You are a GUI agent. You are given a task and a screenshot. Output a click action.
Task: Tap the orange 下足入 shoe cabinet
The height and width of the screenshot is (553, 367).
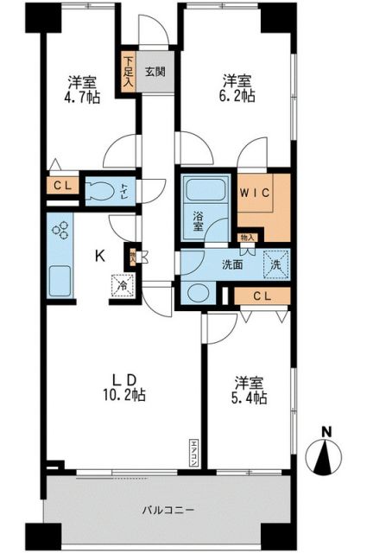(128, 73)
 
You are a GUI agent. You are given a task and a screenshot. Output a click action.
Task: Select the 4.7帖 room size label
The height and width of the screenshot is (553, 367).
(83, 98)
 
